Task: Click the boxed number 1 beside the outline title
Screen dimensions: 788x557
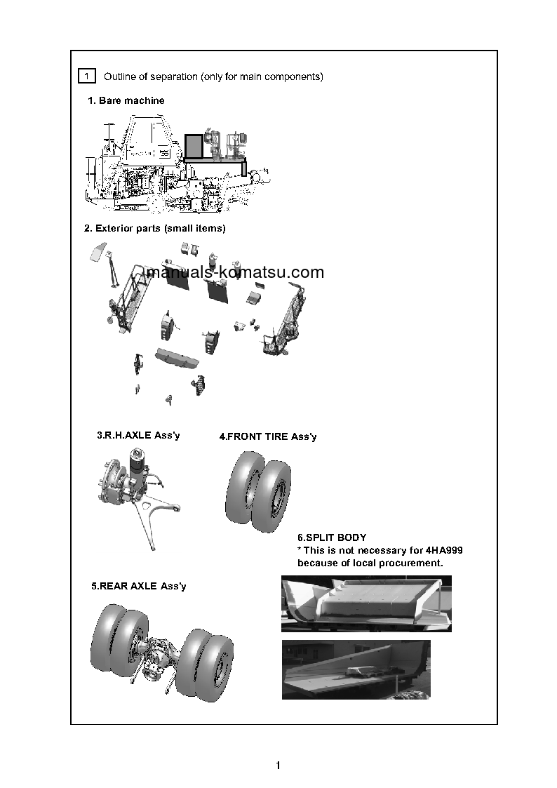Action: click(x=86, y=76)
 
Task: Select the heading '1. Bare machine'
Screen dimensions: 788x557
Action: click(x=126, y=101)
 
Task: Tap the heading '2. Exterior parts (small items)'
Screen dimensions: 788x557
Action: click(x=154, y=229)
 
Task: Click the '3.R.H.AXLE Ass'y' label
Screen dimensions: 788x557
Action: click(x=138, y=436)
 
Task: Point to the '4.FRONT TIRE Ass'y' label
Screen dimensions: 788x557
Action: click(x=268, y=437)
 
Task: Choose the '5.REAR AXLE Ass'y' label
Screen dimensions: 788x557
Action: click(x=139, y=586)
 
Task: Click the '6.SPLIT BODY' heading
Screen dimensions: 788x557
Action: click(x=332, y=538)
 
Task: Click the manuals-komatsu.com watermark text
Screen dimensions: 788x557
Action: click(x=235, y=273)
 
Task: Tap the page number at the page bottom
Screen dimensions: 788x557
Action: click(x=278, y=766)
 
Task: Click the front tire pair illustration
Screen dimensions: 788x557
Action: click(x=257, y=491)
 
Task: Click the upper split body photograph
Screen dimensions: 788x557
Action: click(x=366, y=603)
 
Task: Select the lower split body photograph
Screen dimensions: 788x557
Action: click(x=356, y=669)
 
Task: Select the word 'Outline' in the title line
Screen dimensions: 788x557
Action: click(x=120, y=76)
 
